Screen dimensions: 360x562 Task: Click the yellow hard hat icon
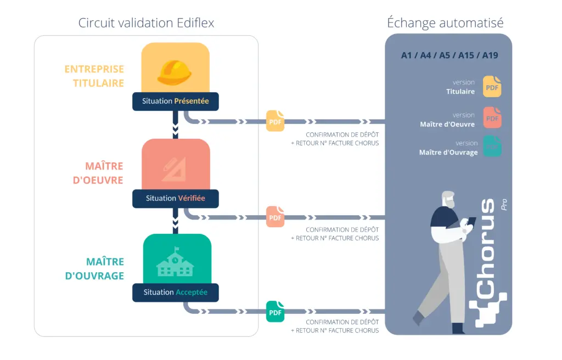click(x=175, y=72)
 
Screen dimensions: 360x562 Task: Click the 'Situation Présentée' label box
click(x=176, y=102)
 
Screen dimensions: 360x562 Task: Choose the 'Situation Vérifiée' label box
click(x=176, y=199)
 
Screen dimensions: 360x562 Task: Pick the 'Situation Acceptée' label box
click(x=176, y=292)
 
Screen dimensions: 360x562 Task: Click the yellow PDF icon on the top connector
click(x=276, y=121)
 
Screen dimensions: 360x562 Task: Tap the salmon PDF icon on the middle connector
click(x=276, y=217)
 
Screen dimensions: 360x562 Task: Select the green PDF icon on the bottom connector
click(x=276, y=312)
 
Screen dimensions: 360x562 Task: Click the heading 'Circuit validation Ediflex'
click(x=146, y=22)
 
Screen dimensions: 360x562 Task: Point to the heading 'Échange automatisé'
click(x=445, y=22)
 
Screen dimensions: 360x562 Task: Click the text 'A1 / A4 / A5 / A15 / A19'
click(x=449, y=55)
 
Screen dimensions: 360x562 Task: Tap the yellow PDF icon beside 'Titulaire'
click(x=492, y=87)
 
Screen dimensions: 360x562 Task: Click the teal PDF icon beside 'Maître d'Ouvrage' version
click(x=492, y=147)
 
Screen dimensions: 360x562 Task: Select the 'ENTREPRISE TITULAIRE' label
click(x=94, y=76)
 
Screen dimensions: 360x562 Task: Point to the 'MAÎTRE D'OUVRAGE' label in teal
click(x=94, y=269)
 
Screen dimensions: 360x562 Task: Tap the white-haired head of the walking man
click(x=448, y=200)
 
